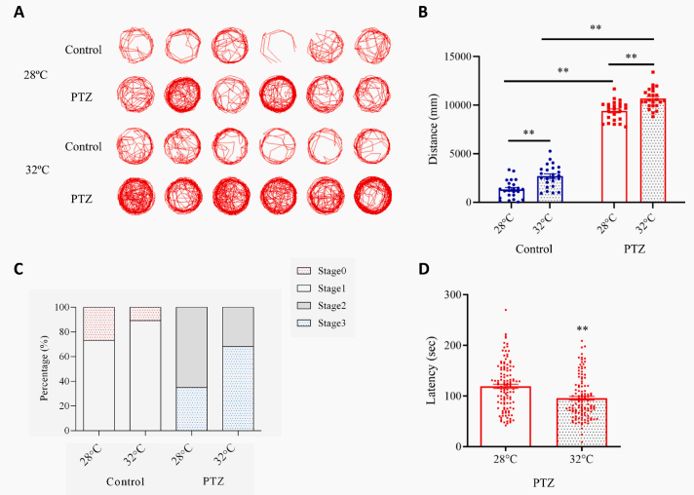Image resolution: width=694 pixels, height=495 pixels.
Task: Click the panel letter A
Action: coord(18,13)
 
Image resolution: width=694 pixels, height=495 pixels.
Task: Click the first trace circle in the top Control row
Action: coord(135,45)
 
